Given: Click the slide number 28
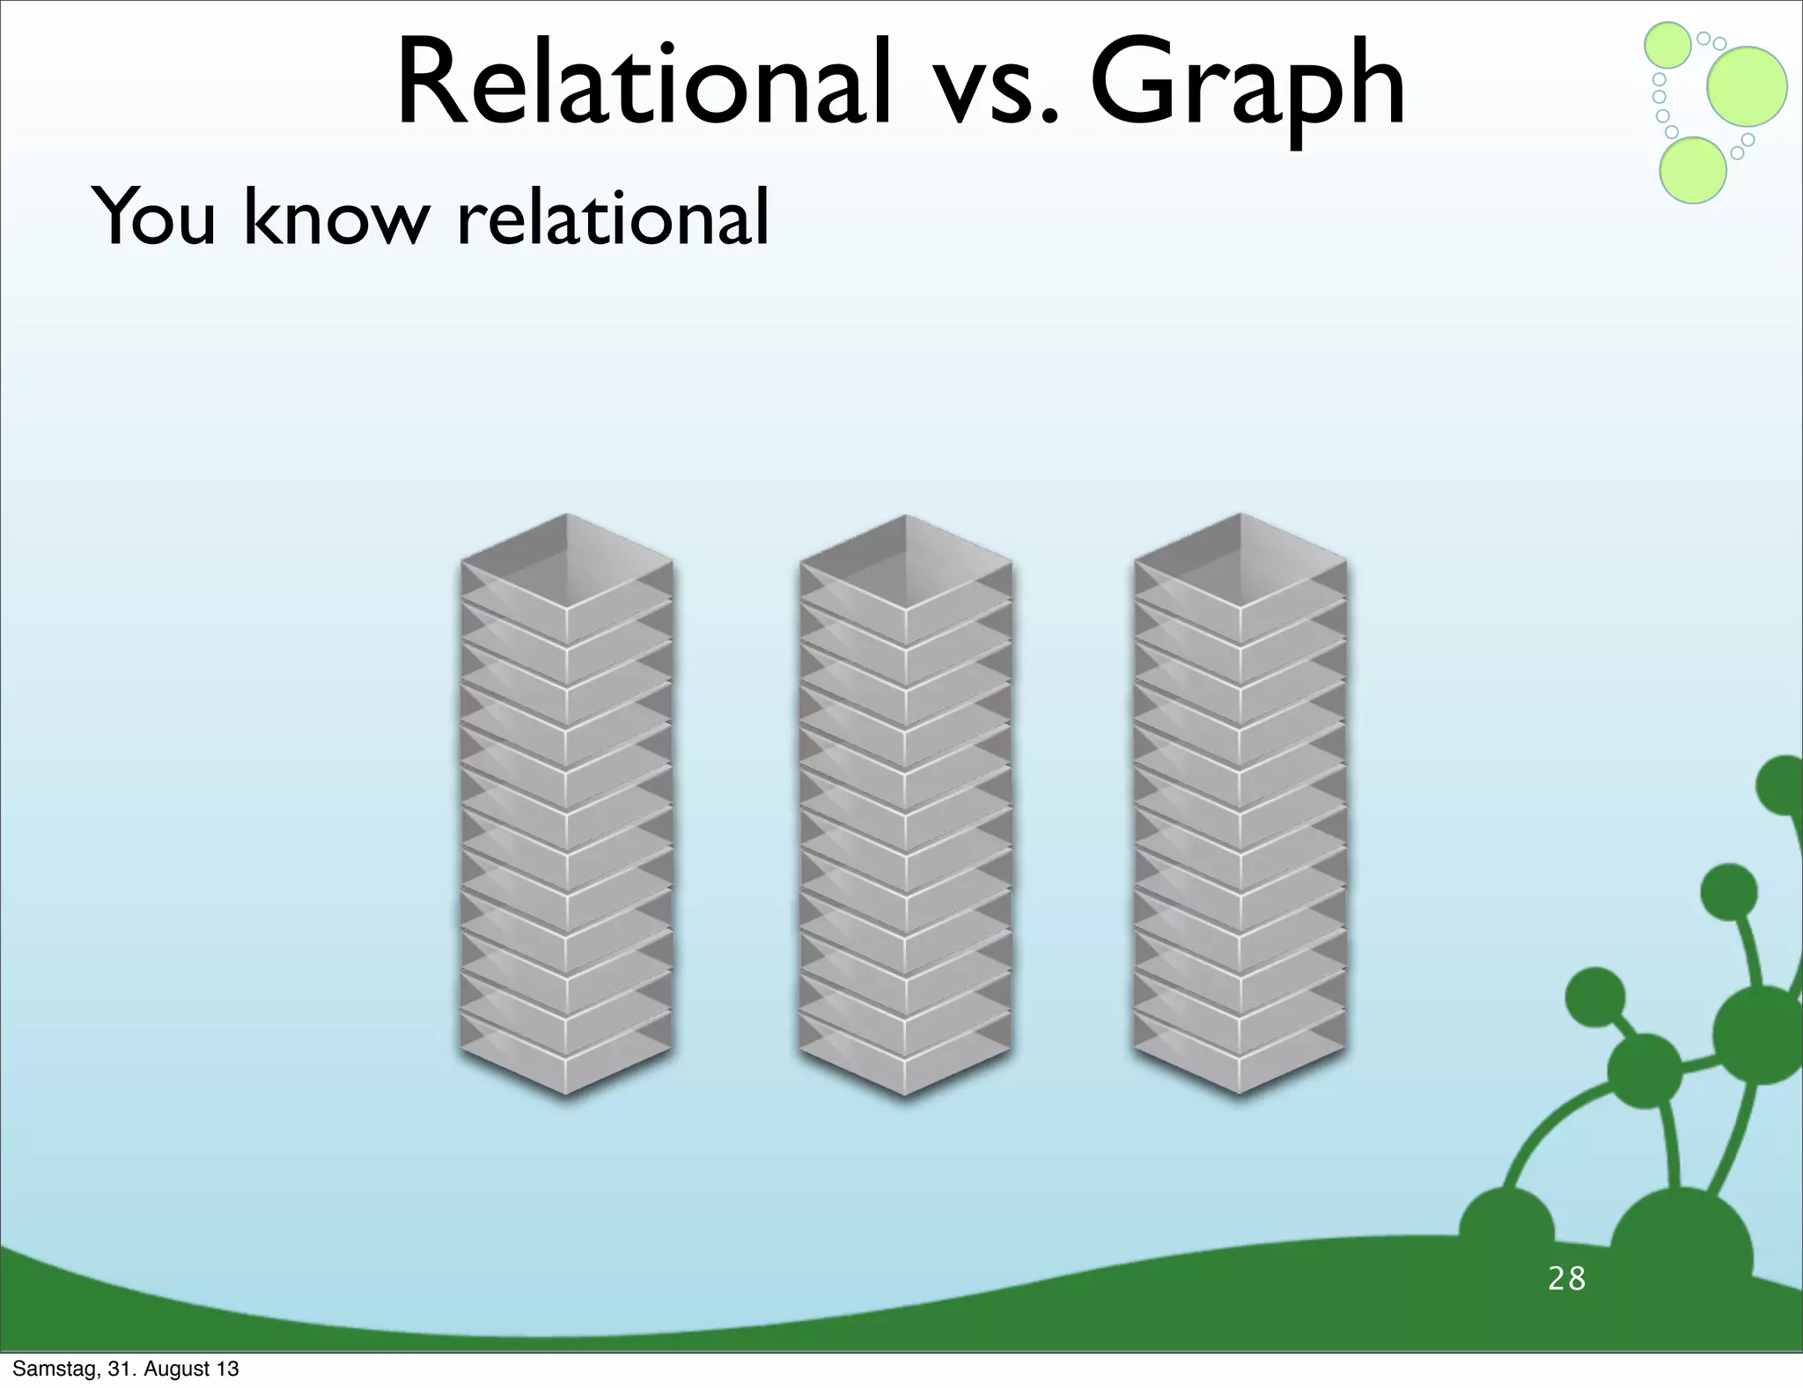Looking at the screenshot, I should pos(1566,1278).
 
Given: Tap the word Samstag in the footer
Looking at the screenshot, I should pos(50,1369).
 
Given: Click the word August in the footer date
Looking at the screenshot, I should pos(176,1369).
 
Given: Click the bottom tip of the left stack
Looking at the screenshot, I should pos(567,1092).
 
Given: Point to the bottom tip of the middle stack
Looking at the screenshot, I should pos(905,1092).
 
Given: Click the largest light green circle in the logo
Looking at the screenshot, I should pos(1747,86).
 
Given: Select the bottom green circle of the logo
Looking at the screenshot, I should pos(1692,170).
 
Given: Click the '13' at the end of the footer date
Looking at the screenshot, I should pos(228,1369).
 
